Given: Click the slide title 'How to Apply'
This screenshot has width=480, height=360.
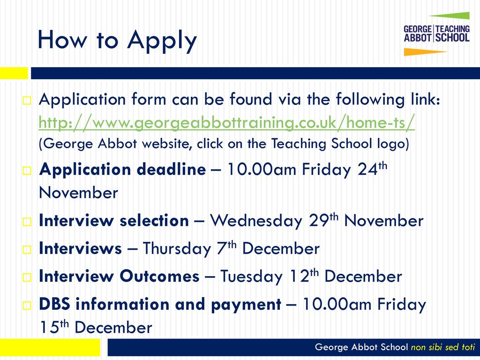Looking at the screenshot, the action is (117, 40).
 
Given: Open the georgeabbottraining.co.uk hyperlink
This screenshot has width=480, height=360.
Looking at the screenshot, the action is (226, 123).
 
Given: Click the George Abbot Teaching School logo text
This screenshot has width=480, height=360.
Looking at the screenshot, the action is (436, 34).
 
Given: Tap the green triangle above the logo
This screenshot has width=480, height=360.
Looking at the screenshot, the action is (450, 15).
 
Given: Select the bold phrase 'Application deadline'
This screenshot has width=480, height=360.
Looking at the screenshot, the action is (122, 169).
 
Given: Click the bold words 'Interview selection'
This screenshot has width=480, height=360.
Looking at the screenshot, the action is (114, 221).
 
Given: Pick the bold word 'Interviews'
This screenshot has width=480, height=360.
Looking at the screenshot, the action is (80, 248).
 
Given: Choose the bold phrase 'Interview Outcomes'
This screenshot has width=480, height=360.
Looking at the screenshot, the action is (119, 276).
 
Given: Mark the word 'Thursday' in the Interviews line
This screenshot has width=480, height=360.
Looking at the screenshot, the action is (177, 248).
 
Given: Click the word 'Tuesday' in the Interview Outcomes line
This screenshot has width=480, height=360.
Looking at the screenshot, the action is (251, 277).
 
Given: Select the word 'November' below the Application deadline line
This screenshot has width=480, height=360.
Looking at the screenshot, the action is (79, 193).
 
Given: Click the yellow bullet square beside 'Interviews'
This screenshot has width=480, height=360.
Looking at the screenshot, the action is (27, 249).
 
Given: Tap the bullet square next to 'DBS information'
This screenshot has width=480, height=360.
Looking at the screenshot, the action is (27, 305).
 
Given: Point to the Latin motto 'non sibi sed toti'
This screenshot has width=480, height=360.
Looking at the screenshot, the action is (442, 347).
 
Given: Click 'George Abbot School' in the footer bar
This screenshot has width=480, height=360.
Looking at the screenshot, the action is (361, 347).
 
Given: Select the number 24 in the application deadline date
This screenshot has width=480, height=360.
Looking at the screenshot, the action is (367, 169).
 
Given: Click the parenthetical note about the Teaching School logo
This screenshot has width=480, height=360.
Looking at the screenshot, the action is (224, 144).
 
